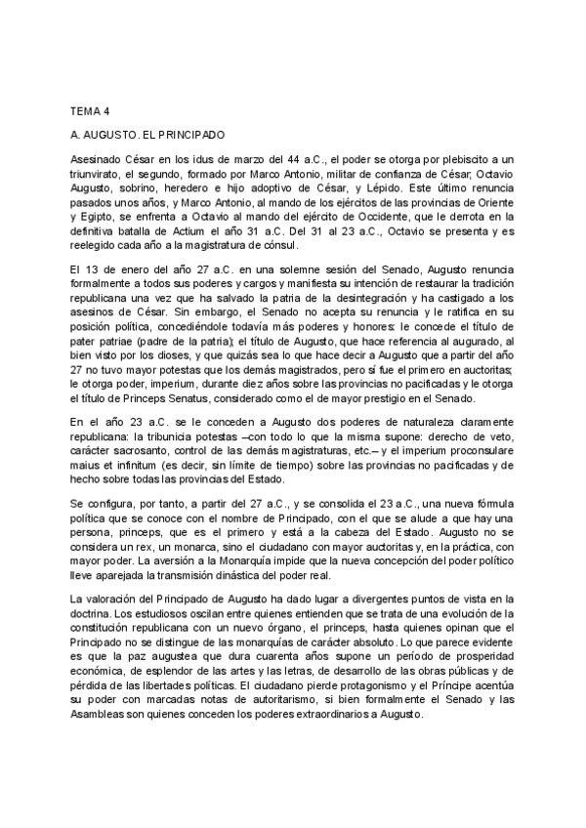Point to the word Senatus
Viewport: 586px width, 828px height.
(x=204, y=395)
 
